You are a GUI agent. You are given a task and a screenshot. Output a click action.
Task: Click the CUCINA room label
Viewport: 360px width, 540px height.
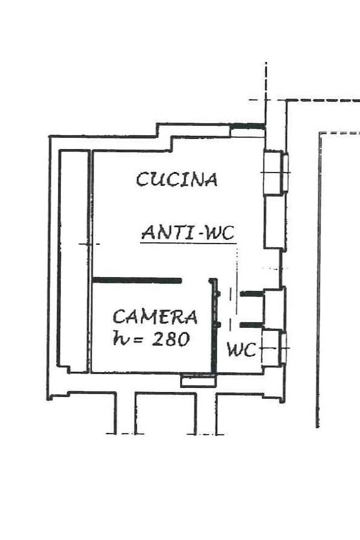(177, 179)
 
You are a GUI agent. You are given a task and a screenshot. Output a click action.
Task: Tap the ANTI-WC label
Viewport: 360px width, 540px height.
(188, 233)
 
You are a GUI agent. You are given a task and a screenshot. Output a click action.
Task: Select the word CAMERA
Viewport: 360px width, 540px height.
(155, 317)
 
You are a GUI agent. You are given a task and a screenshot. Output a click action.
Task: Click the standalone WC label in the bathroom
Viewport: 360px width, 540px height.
(242, 350)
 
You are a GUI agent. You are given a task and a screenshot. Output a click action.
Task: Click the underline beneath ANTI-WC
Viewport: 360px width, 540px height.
(188, 244)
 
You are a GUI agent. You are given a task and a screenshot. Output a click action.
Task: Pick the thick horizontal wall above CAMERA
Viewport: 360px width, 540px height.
(137, 281)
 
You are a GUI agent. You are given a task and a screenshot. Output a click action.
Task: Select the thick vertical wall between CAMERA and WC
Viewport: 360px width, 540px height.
(214, 325)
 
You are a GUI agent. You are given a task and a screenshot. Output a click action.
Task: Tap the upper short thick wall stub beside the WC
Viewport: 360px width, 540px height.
(252, 294)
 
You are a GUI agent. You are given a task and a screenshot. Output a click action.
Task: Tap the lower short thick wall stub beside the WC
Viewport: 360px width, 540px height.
(252, 325)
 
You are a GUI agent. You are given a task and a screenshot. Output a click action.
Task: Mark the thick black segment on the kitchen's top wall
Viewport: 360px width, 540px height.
(248, 126)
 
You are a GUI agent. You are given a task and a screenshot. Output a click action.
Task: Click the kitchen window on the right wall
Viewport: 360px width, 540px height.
(276, 173)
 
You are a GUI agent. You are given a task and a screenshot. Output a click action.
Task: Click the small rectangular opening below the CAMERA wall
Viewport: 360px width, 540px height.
(198, 381)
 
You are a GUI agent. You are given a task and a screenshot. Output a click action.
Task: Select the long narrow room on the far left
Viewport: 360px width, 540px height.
(73, 261)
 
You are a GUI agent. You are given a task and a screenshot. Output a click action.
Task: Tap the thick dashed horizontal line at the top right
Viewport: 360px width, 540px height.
(323, 100)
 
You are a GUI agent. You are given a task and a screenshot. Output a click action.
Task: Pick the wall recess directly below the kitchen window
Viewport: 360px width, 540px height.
(274, 222)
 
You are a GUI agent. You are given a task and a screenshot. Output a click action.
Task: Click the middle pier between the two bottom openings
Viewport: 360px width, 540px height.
(165, 413)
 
